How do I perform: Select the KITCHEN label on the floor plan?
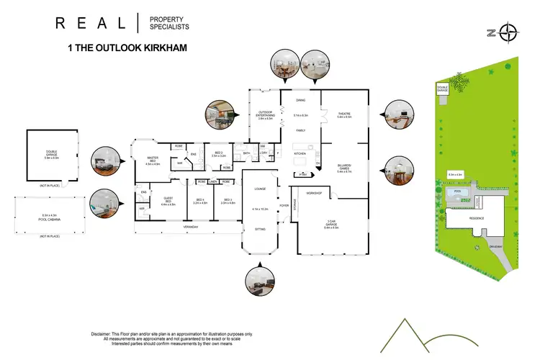click(301, 154)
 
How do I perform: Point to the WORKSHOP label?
click(312, 194)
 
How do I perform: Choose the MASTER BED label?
click(152, 161)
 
